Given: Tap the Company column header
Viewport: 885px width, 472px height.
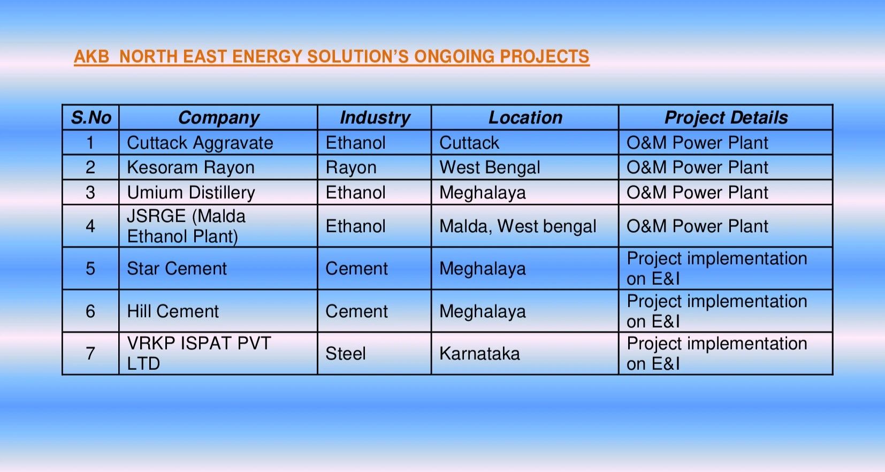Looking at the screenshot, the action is (x=218, y=118).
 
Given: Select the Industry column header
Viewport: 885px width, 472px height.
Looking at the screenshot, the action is (x=375, y=118).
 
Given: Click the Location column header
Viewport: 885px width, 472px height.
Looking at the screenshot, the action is (x=525, y=118).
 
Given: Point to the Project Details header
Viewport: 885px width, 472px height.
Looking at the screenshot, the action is (x=726, y=118).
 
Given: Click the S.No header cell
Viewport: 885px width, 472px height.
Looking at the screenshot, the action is (x=91, y=118).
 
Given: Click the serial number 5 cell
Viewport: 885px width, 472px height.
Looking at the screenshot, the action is (x=90, y=269).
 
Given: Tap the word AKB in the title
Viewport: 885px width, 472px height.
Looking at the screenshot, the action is (x=91, y=57).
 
